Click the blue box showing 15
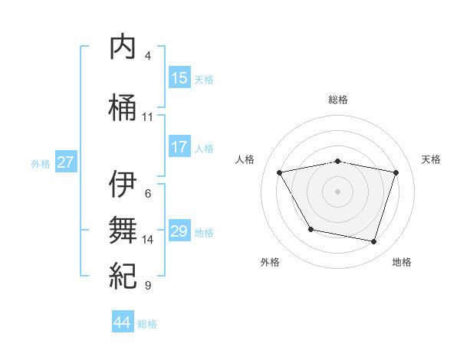(x=179, y=78)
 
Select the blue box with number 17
(x=179, y=147)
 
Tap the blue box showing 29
(x=179, y=231)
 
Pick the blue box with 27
(x=66, y=162)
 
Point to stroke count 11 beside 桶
(x=148, y=117)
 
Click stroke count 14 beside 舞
(x=148, y=240)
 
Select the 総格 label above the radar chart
(x=338, y=100)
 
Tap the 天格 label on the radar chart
(x=432, y=159)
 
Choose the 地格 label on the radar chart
(x=402, y=262)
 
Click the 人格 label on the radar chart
(x=245, y=159)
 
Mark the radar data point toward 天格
(x=396, y=172)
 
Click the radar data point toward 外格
(x=310, y=229)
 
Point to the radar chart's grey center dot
(x=338, y=191)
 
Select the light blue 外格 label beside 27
(x=41, y=163)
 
